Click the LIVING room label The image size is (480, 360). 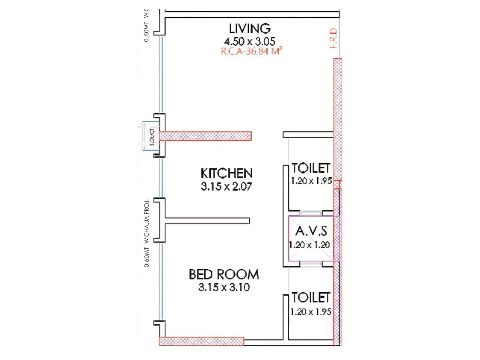[x=250, y=29]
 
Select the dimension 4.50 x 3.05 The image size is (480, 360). [x=250, y=41]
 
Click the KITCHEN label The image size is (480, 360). [x=226, y=174]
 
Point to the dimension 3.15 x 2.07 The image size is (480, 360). [x=226, y=186]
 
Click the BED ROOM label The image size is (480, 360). [x=224, y=275]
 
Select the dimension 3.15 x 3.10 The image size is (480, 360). [x=224, y=288]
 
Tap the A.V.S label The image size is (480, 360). [x=311, y=231]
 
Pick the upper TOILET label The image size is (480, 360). [x=311, y=168]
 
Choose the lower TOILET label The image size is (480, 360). [x=311, y=298]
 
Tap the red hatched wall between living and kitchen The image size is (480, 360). [x=206, y=136]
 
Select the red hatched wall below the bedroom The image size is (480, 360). [x=202, y=341]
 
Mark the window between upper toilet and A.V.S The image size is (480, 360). [x=310, y=213]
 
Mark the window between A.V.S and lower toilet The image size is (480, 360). [x=310, y=264]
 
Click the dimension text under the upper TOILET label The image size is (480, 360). [x=311, y=181]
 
